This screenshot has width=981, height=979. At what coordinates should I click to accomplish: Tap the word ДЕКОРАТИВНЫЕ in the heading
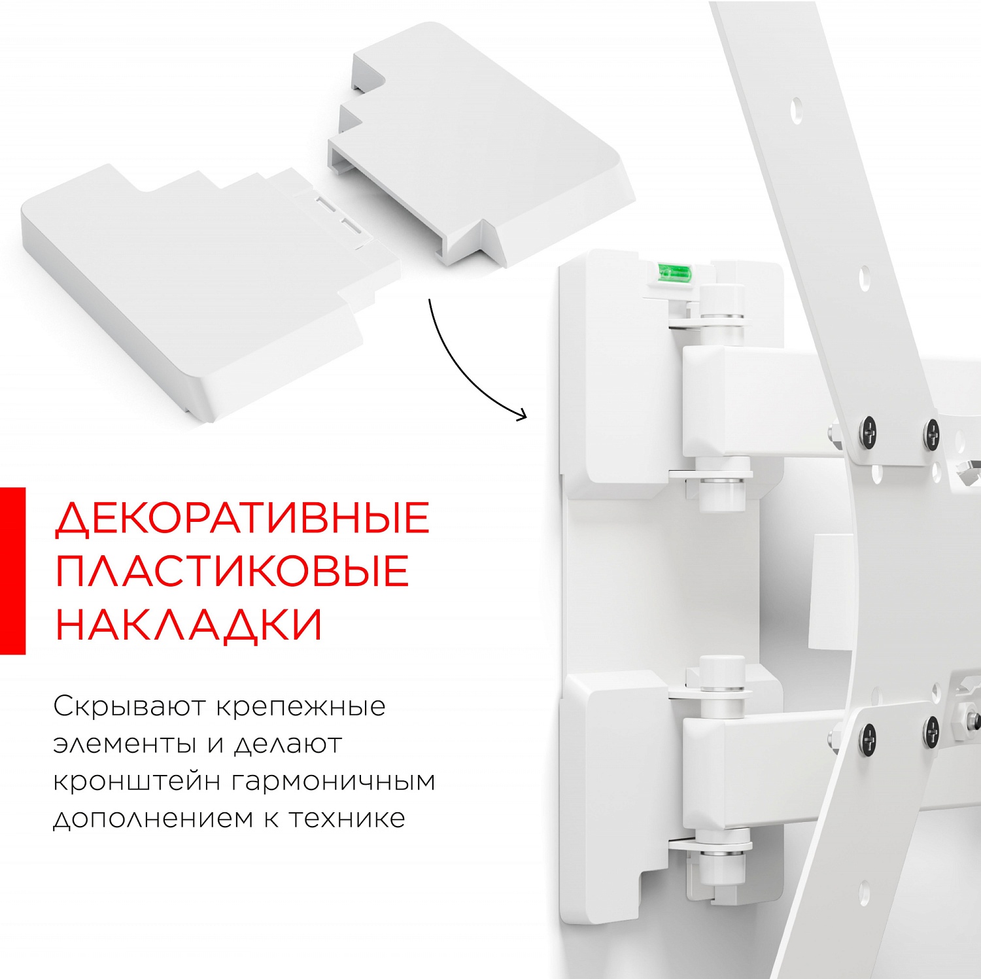pos(242,519)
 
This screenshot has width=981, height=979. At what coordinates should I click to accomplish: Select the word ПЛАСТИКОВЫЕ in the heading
pos(232,572)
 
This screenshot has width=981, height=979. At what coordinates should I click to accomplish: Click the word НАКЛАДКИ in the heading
pos(189,625)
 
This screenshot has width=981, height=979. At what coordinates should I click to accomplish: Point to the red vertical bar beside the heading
pos(12,570)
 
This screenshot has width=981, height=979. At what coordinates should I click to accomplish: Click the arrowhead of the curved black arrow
pos(521,415)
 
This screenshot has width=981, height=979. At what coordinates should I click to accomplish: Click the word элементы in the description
pos(125,745)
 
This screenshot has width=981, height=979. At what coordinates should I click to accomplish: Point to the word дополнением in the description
pos(152,819)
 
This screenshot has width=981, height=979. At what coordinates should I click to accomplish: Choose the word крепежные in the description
pos(300,708)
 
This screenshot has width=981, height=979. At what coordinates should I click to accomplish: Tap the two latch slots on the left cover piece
pos(339,216)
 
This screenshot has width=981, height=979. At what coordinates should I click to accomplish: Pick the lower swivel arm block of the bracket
pos(752,772)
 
